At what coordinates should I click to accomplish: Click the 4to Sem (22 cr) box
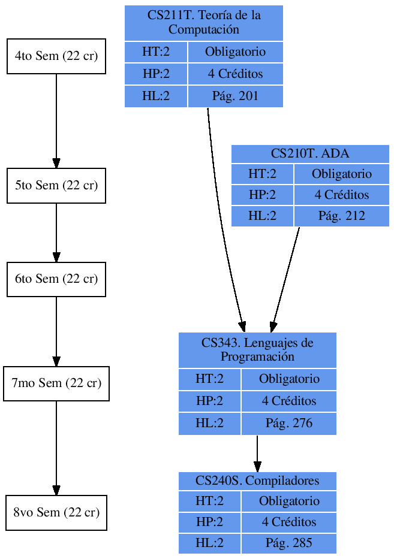56,56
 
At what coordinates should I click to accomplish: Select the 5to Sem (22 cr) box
56,186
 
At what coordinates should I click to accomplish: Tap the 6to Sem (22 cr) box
56,279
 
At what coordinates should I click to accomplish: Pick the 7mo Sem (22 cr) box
56,383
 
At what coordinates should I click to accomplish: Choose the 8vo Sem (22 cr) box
56,513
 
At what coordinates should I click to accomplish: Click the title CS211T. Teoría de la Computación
204,23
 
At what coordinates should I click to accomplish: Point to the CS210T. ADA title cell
310,154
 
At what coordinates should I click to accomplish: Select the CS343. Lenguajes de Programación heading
257,350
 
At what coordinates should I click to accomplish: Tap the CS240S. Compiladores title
257,481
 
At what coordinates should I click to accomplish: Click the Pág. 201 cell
235,96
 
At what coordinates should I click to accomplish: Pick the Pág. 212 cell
341,216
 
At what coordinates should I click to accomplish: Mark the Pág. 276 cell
288,423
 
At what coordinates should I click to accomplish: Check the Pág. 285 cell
288,543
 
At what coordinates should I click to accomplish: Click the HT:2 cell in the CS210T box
263,174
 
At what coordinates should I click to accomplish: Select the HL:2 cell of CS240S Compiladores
209,543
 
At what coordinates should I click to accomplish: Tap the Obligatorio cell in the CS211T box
235,52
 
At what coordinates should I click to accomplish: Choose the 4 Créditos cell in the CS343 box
288,401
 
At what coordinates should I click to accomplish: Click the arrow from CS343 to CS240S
257,453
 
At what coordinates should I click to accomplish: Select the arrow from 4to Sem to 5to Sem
56,120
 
